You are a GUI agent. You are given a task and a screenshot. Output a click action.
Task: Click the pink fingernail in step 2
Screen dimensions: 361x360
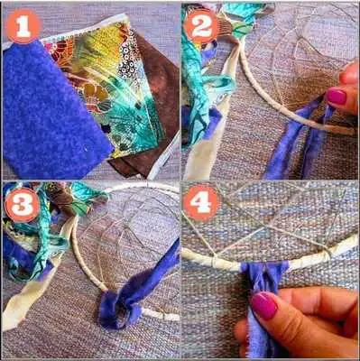click(x=336, y=97)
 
